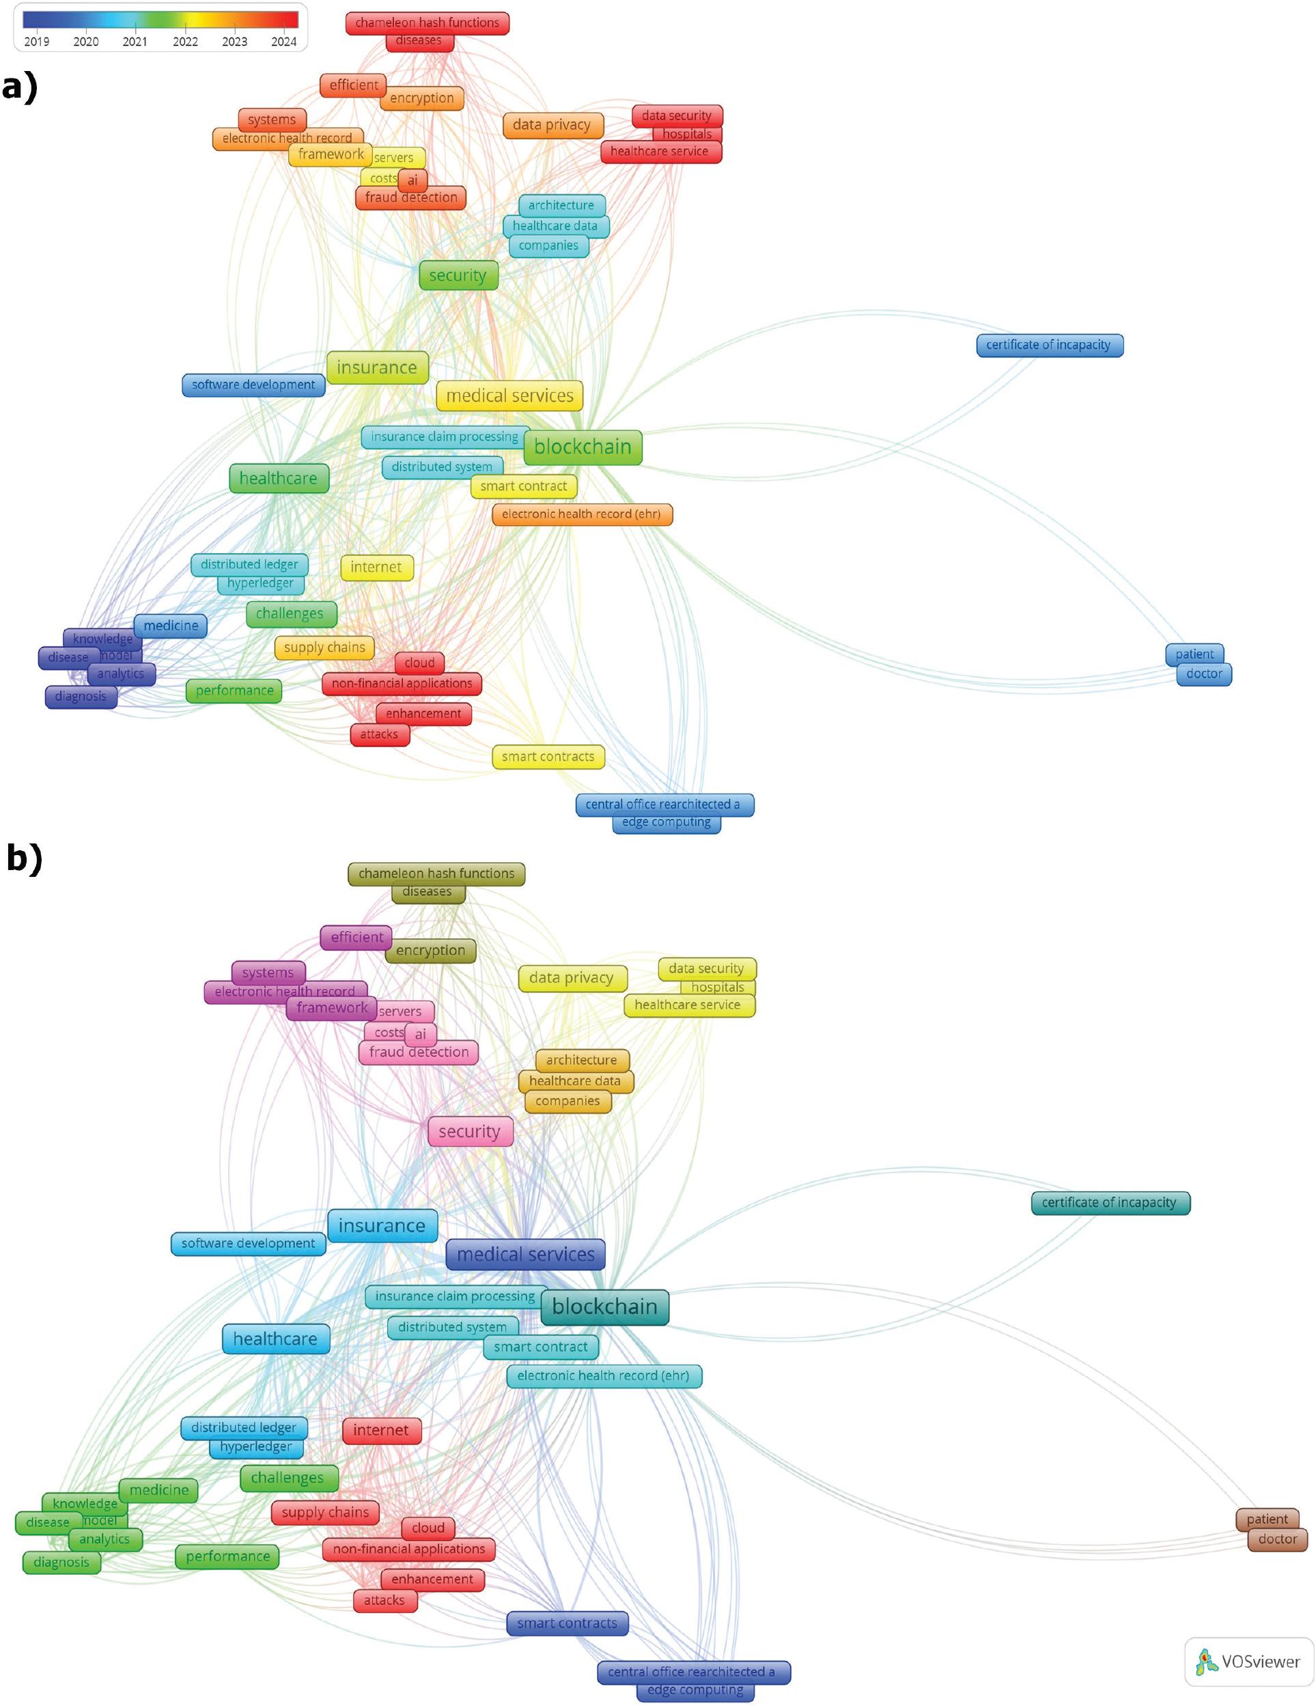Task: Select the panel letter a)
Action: click(x=20, y=86)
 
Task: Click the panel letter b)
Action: click(x=23, y=857)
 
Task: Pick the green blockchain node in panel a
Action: click(x=583, y=447)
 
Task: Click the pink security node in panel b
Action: click(x=469, y=1131)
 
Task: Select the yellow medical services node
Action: click(x=509, y=396)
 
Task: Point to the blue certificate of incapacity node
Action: click(x=1048, y=346)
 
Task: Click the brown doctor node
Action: click(x=1277, y=1539)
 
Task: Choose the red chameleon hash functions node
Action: click(x=428, y=23)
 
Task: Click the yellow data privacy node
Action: click(x=571, y=978)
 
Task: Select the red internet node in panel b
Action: click(x=380, y=1430)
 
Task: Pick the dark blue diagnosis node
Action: click(x=81, y=697)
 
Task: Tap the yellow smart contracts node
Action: click(x=548, y=756)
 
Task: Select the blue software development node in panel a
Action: click(x=253, y=384)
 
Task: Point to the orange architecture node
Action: click(x=581, y=1060)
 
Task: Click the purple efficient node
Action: click(x=356, y=938)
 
